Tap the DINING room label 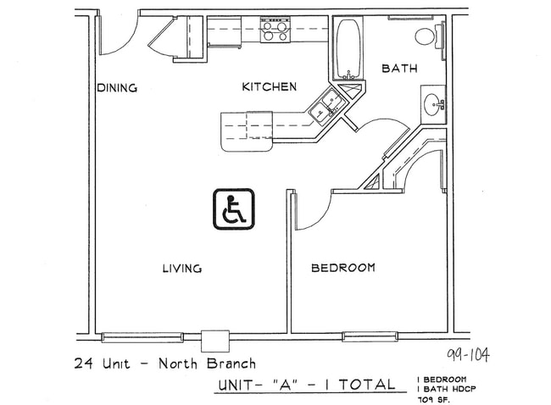[117, 87]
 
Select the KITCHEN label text [269, 86]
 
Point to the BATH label [398, 69]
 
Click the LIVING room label [181, 269]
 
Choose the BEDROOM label [342, 268]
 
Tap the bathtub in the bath [347, 49]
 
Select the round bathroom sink [431, 107]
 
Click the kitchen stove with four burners [275, 31]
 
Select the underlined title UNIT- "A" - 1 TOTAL [305, 384]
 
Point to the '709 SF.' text [435, 398]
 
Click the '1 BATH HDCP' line [442, 388]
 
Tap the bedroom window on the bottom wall [370, 336]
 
